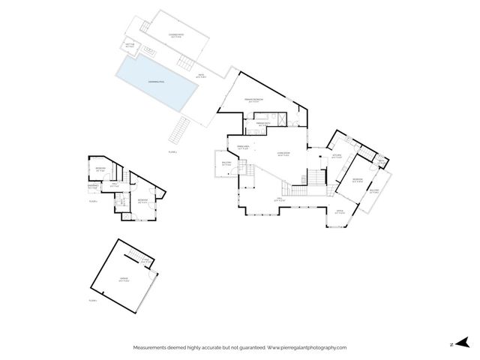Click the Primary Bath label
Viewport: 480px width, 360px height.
click(263, 123)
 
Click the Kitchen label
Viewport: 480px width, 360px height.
click(337, 156)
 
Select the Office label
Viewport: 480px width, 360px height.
click(339, 213)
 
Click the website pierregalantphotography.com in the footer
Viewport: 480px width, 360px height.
click(307, 347)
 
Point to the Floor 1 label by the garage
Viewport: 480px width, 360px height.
click(92, 300)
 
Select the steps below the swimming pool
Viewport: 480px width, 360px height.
click(181, 132)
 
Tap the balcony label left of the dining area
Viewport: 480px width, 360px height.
click(226, 164)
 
